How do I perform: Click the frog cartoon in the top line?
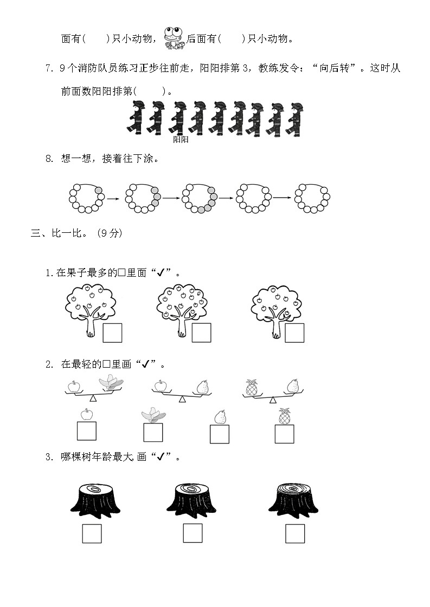point(174,39)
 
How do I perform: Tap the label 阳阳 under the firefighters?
point(181,139)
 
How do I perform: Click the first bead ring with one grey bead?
point(86,198)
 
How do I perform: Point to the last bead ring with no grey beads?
point(312,198)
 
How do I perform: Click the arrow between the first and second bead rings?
point(113,199)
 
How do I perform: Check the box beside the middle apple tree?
point(202,333)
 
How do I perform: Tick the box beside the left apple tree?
point(112,333)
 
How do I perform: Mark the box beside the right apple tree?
point(294,333)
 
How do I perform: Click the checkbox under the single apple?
point(86,431)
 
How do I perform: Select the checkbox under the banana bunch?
point(153,433)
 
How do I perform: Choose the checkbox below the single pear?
point(220,434)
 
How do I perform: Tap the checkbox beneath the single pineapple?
point(285,434)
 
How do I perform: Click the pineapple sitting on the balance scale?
point(252,388)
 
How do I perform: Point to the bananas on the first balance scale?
point(111,382)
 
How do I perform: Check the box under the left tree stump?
point(92,533)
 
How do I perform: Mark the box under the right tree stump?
point(295,533)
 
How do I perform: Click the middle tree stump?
point(191,500)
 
